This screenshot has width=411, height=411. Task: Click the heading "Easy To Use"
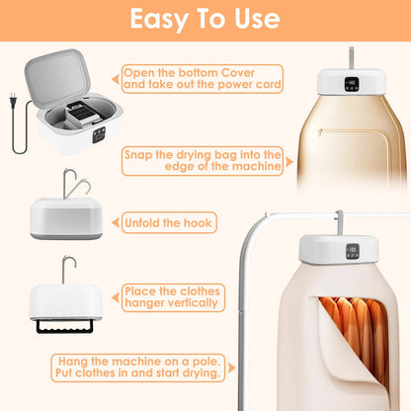tap(205, 19)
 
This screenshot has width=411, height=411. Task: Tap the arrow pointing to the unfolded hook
tap(114, 222)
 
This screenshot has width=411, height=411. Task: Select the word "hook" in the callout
tap(196, 222)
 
